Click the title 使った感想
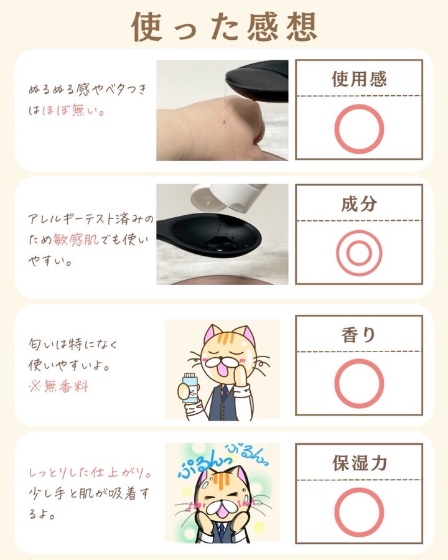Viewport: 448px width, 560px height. tap(225, 27)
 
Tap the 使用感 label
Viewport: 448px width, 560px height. tap(359, 79)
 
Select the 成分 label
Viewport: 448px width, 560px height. tap(359, 203)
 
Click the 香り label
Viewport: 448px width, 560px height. tap(358, 335)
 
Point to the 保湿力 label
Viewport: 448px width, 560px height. tap(360, 463)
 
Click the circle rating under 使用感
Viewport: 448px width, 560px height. tap(335, 129)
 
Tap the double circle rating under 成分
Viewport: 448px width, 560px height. tap(337, 253)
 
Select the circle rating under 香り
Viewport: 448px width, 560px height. tap(335, 383)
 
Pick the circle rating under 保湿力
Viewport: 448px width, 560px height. tap(335, 512)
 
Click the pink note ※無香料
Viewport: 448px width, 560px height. tap(58, 386)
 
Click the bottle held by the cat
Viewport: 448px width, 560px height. tap(189, 388)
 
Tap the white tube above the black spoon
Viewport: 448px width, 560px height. tap(228, 196)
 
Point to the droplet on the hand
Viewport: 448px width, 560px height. tap(223, 121)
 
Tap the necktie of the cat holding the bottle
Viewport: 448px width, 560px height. tap(223, 392)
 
